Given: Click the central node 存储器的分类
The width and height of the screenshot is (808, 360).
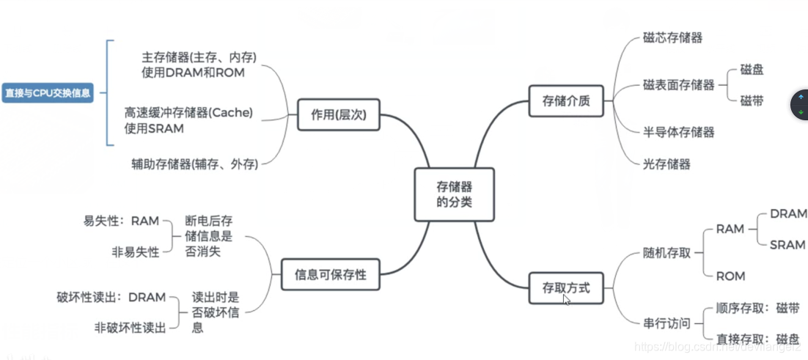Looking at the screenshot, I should click(454, 194).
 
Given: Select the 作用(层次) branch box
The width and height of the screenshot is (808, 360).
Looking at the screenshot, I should click(338, 114).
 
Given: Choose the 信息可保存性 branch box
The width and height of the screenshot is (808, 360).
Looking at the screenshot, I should click(330, 275).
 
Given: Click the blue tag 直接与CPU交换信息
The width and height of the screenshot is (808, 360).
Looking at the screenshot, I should click(48, 93).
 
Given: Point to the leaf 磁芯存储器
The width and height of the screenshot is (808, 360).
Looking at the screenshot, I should click(672, 37).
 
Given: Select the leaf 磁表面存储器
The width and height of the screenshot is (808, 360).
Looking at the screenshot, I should click(678, 85).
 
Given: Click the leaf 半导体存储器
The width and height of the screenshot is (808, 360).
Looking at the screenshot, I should click(678, 132).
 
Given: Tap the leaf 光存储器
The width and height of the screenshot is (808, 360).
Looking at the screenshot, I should click(666, 164).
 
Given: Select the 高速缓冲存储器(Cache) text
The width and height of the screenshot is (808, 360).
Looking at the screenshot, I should click(188, 112).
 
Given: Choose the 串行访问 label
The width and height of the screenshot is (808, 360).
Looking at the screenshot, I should click(666, 323).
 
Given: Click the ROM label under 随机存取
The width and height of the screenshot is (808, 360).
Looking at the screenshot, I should click(730, 276).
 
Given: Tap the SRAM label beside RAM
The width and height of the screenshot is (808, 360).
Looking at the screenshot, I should click(787, 245).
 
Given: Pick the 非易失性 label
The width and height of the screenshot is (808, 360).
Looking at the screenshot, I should click(135, 251).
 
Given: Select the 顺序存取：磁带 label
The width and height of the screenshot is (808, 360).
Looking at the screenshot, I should click(757, 308).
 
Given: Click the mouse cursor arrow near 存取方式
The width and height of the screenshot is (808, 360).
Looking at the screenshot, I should click(566, 299).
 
